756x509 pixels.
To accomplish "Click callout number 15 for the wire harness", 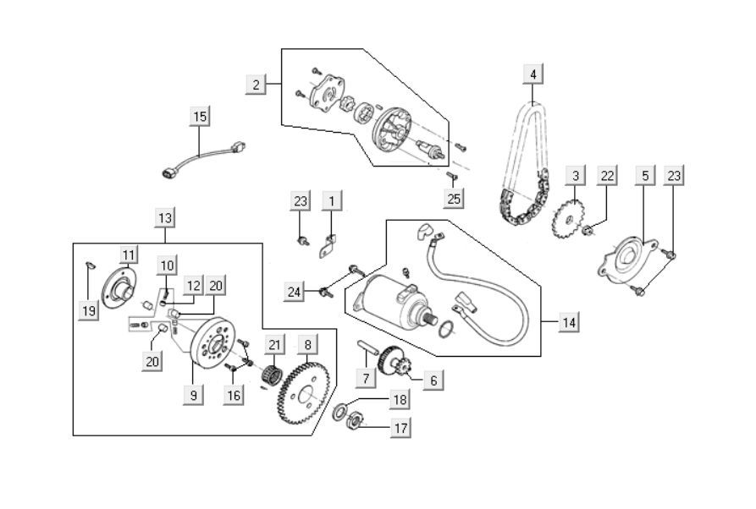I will point(199,117).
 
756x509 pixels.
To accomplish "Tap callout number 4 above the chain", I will point(533,74).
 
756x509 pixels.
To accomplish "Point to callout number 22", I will point(606,176).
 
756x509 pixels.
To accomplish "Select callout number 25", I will point(455,200).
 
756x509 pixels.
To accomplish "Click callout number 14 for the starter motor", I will point(570,322).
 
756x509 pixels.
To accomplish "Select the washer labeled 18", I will point(340,411).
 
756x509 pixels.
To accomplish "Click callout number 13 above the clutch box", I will point(164,218).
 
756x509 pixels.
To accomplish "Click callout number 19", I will point(88,311).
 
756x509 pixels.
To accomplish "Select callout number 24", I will point(295,293).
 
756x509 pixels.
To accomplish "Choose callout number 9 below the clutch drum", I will point(193,393).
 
